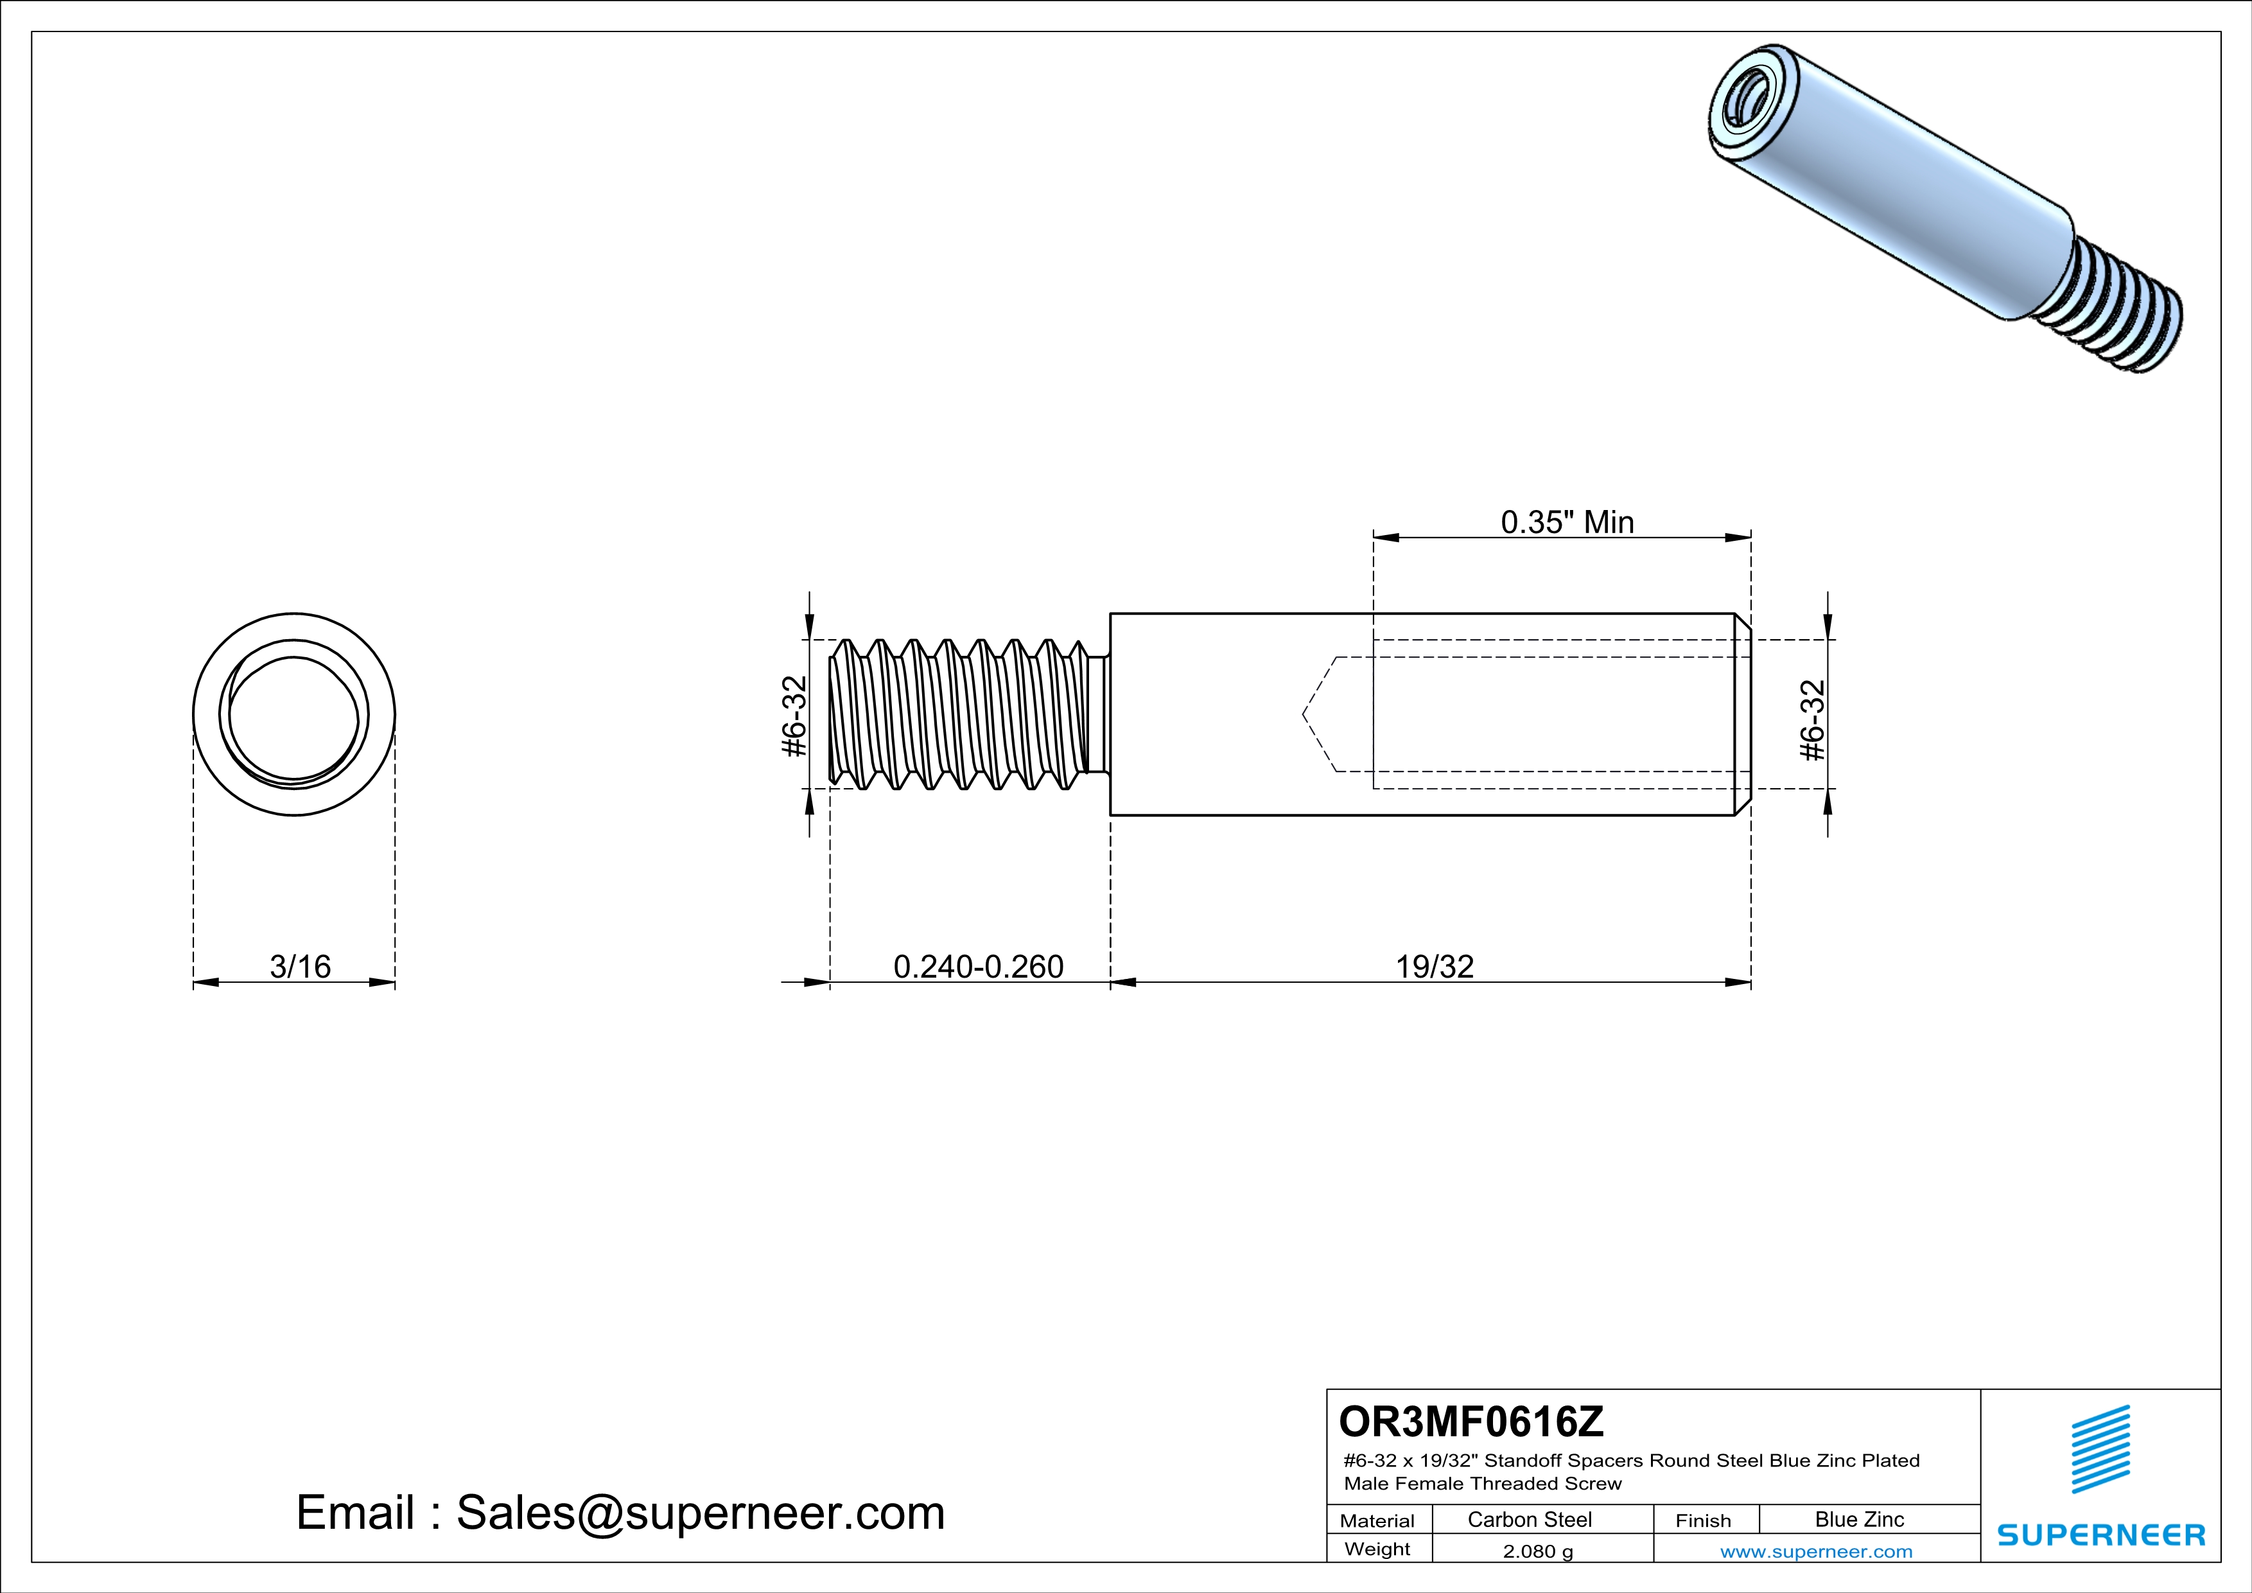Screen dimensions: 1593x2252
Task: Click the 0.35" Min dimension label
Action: tap(1566, 522)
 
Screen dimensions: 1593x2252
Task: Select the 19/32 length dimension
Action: tap(1434, 967)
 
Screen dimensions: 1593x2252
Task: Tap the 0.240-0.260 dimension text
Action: tap(978, 967)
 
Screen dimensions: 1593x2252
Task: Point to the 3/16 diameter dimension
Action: tap(300, 967)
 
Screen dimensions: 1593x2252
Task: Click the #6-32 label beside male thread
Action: tap(794, 716)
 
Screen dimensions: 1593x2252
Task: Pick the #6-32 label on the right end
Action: tap(1813, 720)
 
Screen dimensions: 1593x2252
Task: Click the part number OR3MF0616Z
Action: tap(1471, 1421)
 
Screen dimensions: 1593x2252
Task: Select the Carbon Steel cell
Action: tap(1529, 1519)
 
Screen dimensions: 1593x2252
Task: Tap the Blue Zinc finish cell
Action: tap(1858, 1519)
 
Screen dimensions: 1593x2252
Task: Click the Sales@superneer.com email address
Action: tap(701, 1513)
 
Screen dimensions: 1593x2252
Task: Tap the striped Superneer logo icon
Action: tap(2100, 1450)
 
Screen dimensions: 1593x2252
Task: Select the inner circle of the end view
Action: tap(293, 718)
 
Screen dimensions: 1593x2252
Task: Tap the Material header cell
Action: tap(1377, 1520)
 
